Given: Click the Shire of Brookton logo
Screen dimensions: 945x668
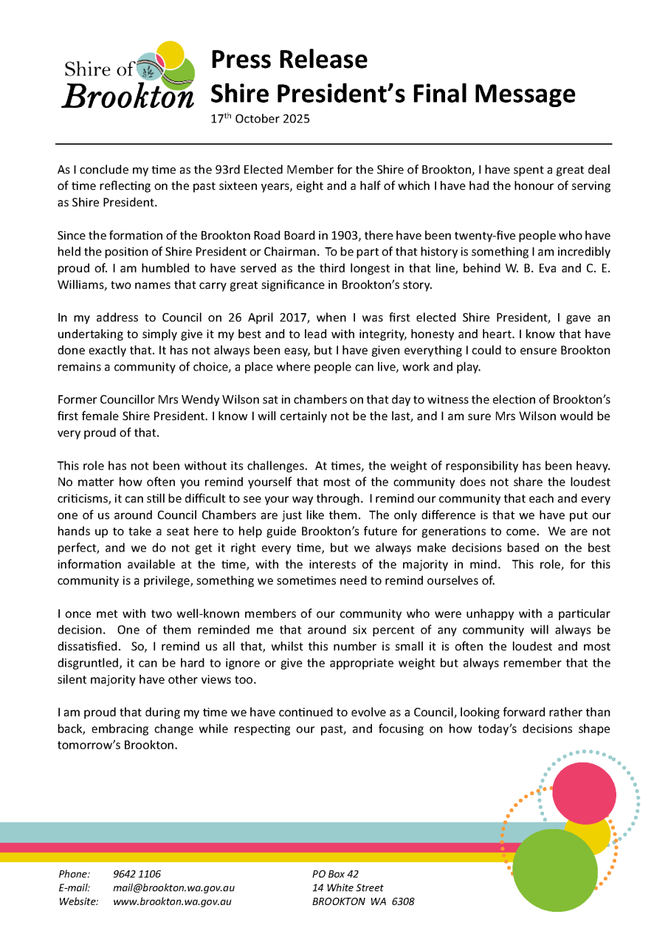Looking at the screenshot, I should tap(128, 76).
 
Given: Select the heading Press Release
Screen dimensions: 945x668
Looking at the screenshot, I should tap(289, 59).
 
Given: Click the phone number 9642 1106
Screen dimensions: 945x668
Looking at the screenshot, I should tap(137, 874).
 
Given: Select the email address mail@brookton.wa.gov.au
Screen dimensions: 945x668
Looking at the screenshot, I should tap(173, 888).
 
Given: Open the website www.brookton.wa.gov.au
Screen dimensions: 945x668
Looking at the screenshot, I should tap(173, 901).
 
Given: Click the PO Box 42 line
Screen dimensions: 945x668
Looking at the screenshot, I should tap(335, 874).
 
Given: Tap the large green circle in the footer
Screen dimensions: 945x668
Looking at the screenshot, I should tap(554, 870).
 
